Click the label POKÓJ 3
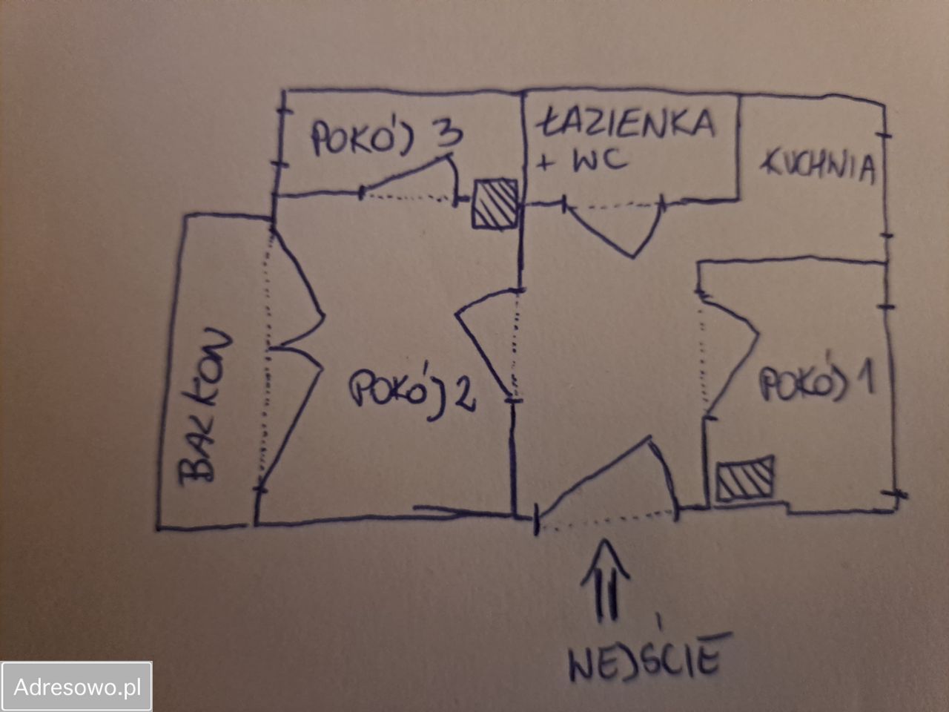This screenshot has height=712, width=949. (387, 137)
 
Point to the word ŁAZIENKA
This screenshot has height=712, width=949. (626, 123)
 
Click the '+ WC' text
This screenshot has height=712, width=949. (581, 161)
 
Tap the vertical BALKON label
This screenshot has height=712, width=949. (205, 406)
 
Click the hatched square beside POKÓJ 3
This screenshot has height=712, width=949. (495, 204)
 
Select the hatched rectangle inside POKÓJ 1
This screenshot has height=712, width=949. (745, 479)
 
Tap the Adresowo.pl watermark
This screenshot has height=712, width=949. (76, 687)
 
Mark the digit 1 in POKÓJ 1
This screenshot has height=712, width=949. (865, 377)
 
